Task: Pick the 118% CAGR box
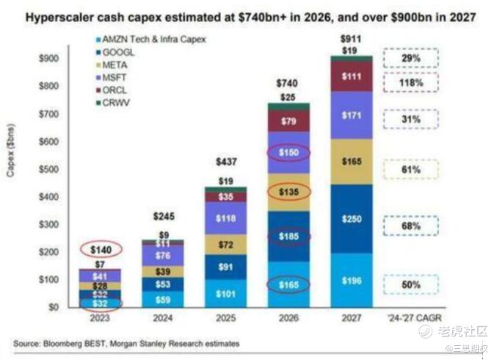[411, 83]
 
